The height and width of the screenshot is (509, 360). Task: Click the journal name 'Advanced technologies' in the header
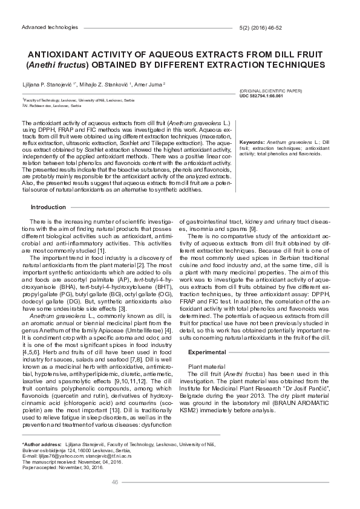pyautogui.click(x=50, y=28)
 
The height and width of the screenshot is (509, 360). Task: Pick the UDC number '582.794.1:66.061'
pyautogui.click(x=273, y=96)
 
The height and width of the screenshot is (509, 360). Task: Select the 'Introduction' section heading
pyautogui.click(x=48, y=207)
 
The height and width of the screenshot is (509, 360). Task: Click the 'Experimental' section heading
pyautogui.click(x=207, y=352)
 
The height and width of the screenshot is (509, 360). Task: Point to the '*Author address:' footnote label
pyautogui.click(x=42, y=444)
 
